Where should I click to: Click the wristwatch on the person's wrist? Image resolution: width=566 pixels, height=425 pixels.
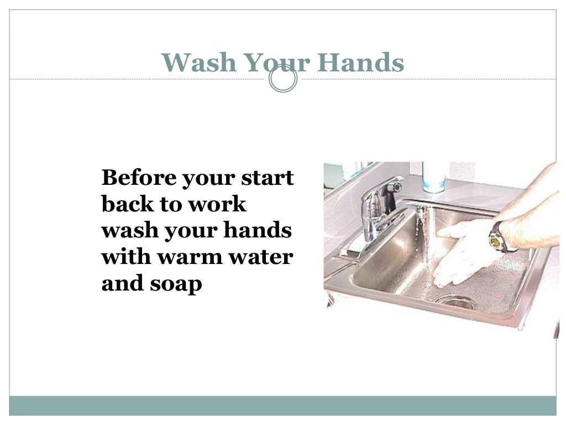point(498,237)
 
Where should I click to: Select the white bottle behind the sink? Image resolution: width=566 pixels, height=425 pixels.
point(433,177)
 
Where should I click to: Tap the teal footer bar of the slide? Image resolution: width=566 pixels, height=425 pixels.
point(282,405)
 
